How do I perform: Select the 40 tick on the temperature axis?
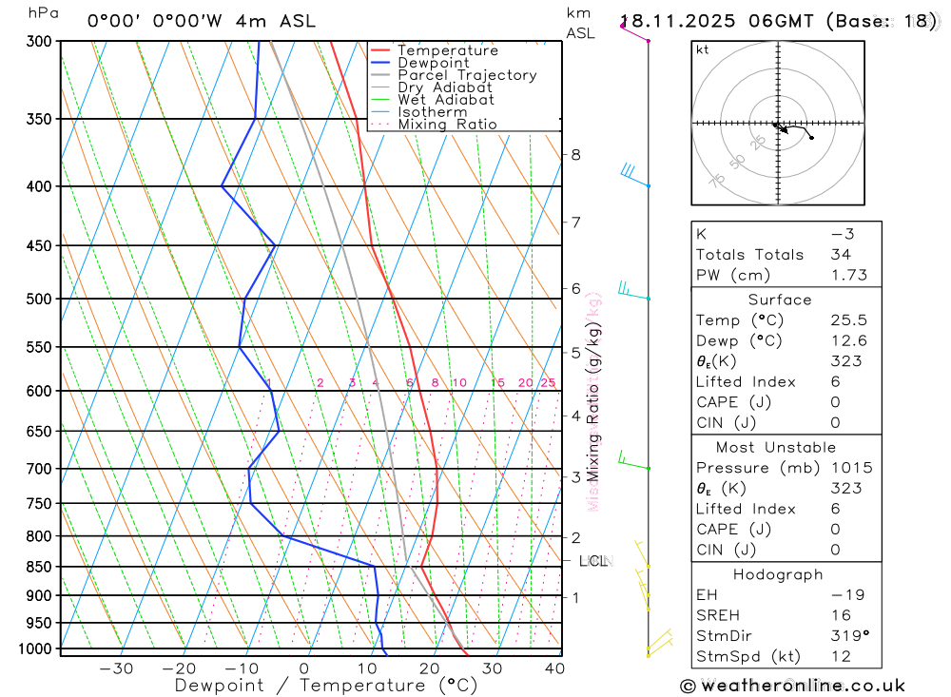coord(554,668)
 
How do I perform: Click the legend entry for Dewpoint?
coord(433,63)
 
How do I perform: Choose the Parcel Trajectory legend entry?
coord(467,75)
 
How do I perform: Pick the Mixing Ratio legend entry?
coord(447,125)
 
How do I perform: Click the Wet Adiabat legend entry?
coord(445,100)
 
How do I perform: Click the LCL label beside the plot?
coord(593,561)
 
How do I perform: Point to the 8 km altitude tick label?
coord(575,155)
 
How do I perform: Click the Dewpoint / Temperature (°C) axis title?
coord(325,685)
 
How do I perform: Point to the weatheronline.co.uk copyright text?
coord(792,686)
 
